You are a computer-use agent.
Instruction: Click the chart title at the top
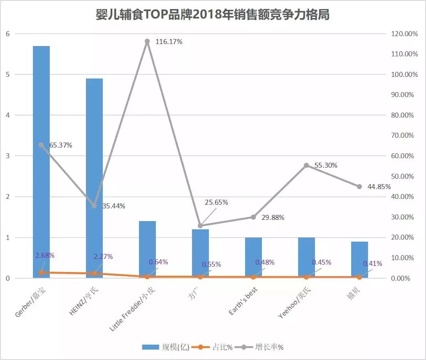pos(213,15)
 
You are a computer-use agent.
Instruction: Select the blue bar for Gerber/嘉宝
pos(41,164)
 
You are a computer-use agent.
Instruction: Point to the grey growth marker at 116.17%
pos(147,42)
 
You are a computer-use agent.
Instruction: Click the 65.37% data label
pos(61,145)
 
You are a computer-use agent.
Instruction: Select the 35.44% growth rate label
pos(114,206)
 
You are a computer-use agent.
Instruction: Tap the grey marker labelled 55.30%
pos(306,166)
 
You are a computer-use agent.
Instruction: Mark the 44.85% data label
pos(379,186)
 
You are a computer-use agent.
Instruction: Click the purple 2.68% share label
pos(45,255)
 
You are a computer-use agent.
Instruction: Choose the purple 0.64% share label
pos(158,262)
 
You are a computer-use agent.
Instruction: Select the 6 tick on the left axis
pos(7,34)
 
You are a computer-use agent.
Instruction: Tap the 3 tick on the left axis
pos(7,156)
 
